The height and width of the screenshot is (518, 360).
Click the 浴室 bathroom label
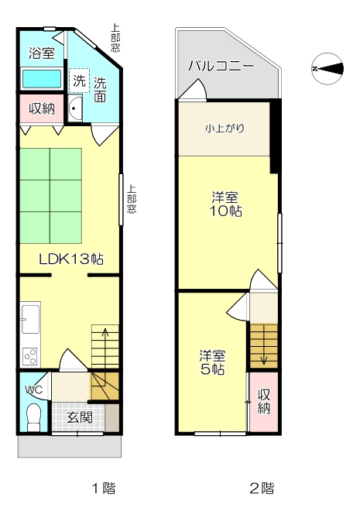[42, 53]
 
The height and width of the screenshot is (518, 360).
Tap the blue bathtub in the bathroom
[42, 78]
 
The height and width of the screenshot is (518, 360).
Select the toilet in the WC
[33, 417]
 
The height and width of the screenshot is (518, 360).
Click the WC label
[34, 389]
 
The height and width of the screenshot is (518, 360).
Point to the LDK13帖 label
[71, 259]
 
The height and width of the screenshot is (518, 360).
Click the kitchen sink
[31, 319]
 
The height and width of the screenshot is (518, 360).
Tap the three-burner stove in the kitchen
[30, 357]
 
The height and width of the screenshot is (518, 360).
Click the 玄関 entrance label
[80, 418]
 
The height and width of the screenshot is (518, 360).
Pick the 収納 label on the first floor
[42, 108]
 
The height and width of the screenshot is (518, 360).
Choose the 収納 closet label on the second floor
[264, 401]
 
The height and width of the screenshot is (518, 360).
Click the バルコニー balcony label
[221, 67]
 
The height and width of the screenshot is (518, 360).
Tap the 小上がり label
[225, 129]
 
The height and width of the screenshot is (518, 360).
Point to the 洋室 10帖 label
[225, 204]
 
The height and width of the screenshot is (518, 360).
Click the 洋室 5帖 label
[212, 362]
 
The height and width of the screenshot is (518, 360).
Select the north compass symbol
[327, 69]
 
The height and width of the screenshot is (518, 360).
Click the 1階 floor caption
[104, 488]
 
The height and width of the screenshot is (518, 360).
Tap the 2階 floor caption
[262, 488]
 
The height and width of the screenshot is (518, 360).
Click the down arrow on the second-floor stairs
[263, 345]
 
